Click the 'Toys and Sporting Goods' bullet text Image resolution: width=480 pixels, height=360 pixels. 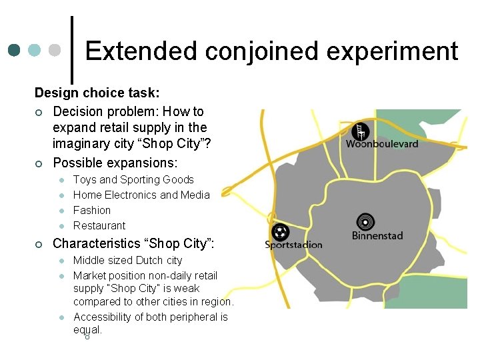tap(133, 179)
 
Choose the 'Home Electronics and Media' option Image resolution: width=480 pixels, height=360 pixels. tap(141, 195)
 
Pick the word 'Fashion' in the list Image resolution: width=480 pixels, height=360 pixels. tap(92, 210)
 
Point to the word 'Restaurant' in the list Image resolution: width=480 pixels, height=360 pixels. tap(99, 225)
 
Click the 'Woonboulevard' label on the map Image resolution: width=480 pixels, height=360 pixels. tap(382, 144)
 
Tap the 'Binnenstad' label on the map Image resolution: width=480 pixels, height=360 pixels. tap(378, 235)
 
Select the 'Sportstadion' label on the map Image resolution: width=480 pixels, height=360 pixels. tap(293, 245)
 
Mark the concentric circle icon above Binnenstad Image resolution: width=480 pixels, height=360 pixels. tap(365, 221)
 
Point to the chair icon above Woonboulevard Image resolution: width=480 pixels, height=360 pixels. tap(361, 131)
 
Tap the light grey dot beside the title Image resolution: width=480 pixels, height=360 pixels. tap(55, 50)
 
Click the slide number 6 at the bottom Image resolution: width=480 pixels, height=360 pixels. tap(87, 336)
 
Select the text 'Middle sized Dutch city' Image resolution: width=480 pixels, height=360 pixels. tap(127, 260)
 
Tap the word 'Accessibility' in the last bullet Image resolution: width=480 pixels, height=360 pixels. tap(104, 317)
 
